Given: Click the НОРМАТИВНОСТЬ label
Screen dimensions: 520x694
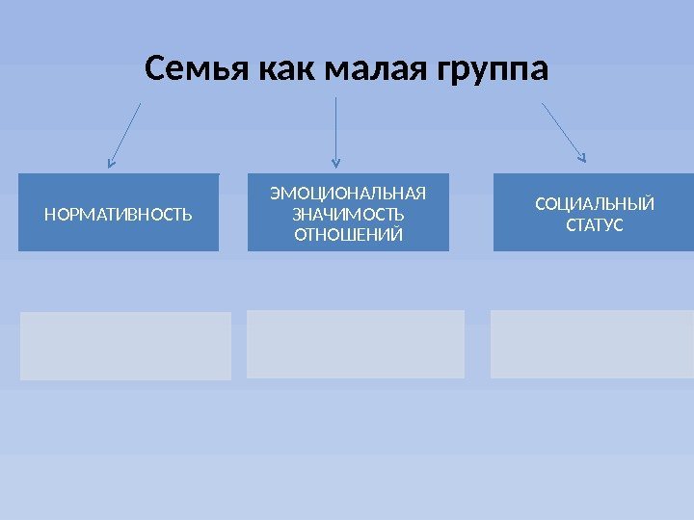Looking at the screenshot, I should (118, 214).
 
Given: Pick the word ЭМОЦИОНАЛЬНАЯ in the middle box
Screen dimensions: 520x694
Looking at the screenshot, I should (348, 191).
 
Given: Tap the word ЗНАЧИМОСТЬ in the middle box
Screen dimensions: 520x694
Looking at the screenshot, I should (348, 213).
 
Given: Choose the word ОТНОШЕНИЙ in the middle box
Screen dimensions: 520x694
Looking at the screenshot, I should (348, 235).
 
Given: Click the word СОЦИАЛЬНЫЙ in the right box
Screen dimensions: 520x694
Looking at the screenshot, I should (594, 203).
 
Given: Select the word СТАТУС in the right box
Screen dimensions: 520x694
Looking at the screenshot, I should (594, 225).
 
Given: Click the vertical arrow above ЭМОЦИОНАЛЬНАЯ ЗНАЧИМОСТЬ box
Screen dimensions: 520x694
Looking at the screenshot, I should (335, 130).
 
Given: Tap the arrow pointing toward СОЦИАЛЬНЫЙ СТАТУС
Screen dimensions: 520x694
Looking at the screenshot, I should (564, 130).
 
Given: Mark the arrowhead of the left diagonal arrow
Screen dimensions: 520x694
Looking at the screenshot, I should (110, 164).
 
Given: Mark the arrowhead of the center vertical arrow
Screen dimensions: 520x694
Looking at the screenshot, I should (335, 163).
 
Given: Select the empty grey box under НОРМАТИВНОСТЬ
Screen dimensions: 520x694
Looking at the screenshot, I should (125, 346).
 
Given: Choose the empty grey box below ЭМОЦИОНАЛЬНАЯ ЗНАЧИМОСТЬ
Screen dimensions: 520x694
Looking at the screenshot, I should (356, 344).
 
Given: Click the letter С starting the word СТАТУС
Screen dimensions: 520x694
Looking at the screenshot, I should (569, 225).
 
